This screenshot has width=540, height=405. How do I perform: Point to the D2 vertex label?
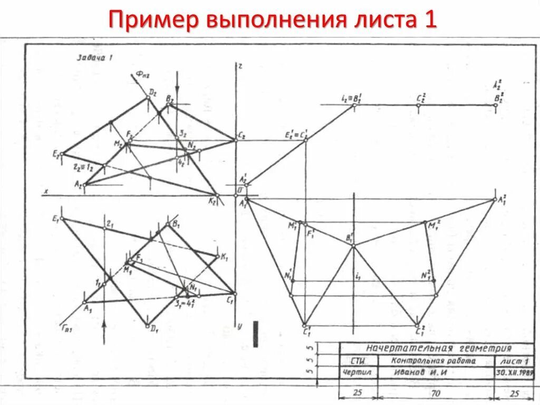(x=152, y=92)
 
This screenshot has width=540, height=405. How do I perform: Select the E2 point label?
(x=55, y=154)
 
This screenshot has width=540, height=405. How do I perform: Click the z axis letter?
(x=240, y=66)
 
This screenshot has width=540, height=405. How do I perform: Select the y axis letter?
(x=239, y=327)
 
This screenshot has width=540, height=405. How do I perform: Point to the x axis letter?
(x=46, y=191)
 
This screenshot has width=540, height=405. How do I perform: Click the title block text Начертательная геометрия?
(x=439, y=349)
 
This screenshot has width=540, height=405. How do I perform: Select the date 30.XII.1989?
(x=512, y=372)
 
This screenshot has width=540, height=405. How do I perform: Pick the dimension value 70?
(x=435, y=393)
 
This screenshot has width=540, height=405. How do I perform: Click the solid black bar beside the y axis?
(x=256, y=334)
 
